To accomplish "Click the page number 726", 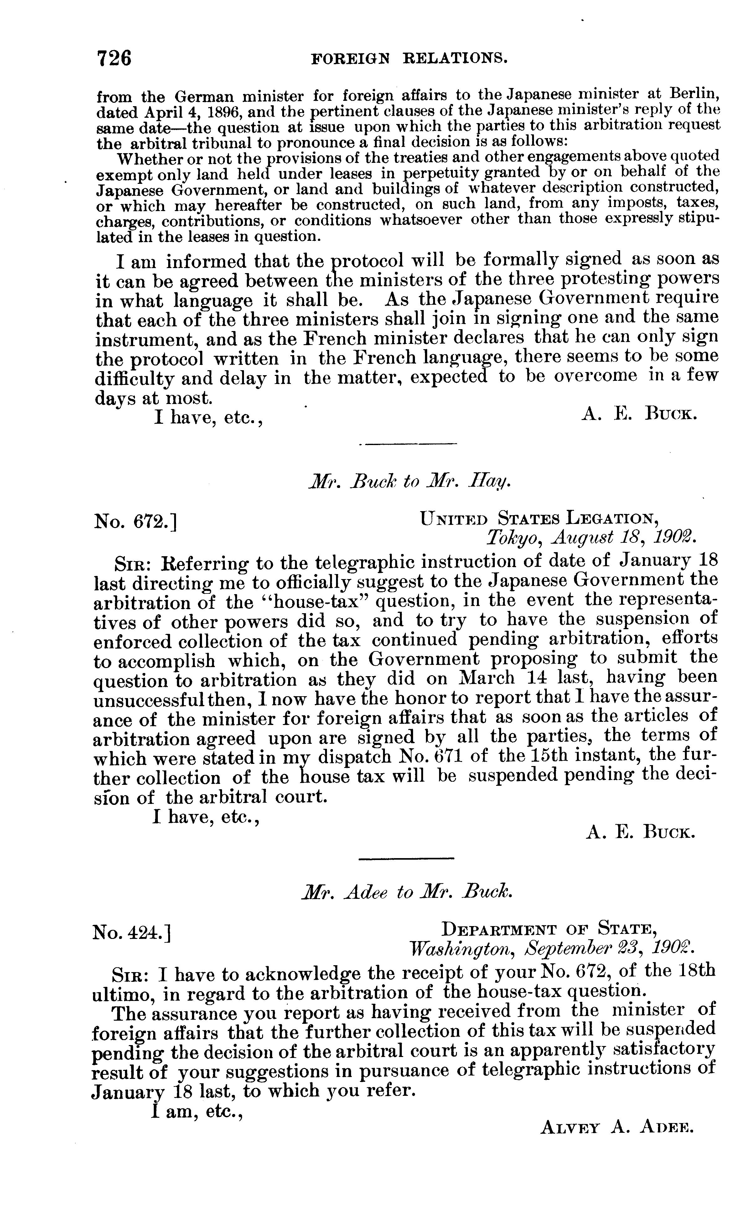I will tap(114, 58).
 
